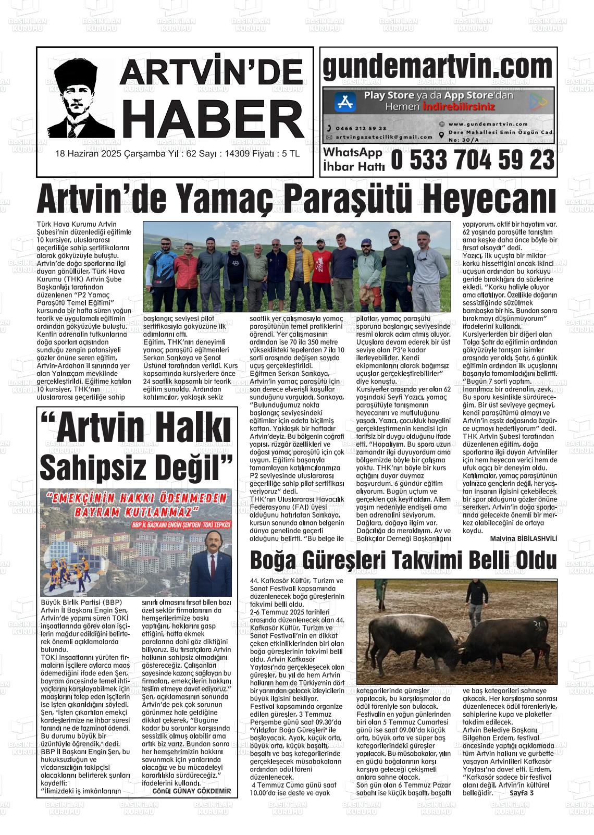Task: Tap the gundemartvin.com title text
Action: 438,66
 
